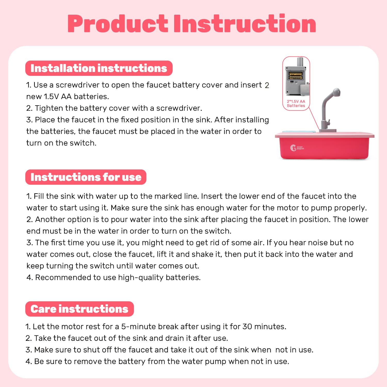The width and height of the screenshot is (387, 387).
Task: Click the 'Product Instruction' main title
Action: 192,24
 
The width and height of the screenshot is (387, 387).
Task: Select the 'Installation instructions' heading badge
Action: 99,68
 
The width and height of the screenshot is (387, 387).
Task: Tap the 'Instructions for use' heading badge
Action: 86,177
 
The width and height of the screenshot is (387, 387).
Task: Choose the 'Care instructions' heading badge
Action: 79,309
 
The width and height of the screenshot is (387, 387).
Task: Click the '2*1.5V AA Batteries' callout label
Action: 296,103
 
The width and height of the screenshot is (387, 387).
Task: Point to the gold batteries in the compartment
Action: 295,75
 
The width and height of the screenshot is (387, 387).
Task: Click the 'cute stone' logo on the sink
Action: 297,148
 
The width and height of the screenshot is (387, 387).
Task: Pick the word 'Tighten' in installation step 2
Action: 49,108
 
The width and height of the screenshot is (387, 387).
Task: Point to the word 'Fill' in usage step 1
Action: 39,196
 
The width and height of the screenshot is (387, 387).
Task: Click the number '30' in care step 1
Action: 247,326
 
